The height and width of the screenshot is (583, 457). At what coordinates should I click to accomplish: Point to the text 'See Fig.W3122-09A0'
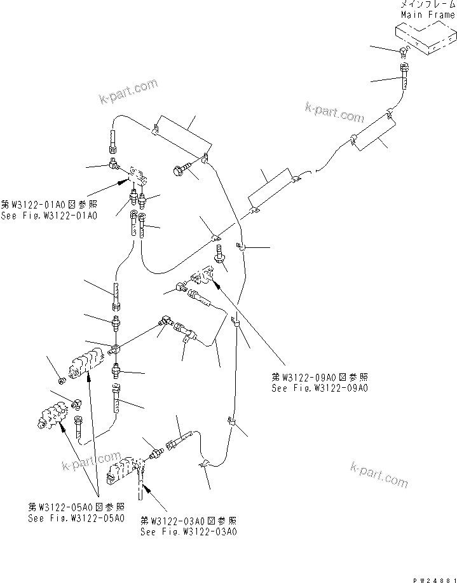[x=320, y=387]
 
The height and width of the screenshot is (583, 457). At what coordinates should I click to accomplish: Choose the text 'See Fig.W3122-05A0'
[x=76, y=518]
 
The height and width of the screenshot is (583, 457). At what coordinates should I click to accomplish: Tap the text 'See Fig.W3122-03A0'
[x=188, y=532]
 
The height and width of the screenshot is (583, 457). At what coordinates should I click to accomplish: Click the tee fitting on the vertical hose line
[x=115, y=348]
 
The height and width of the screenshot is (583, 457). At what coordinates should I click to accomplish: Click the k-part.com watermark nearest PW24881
[x=379, y=474]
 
